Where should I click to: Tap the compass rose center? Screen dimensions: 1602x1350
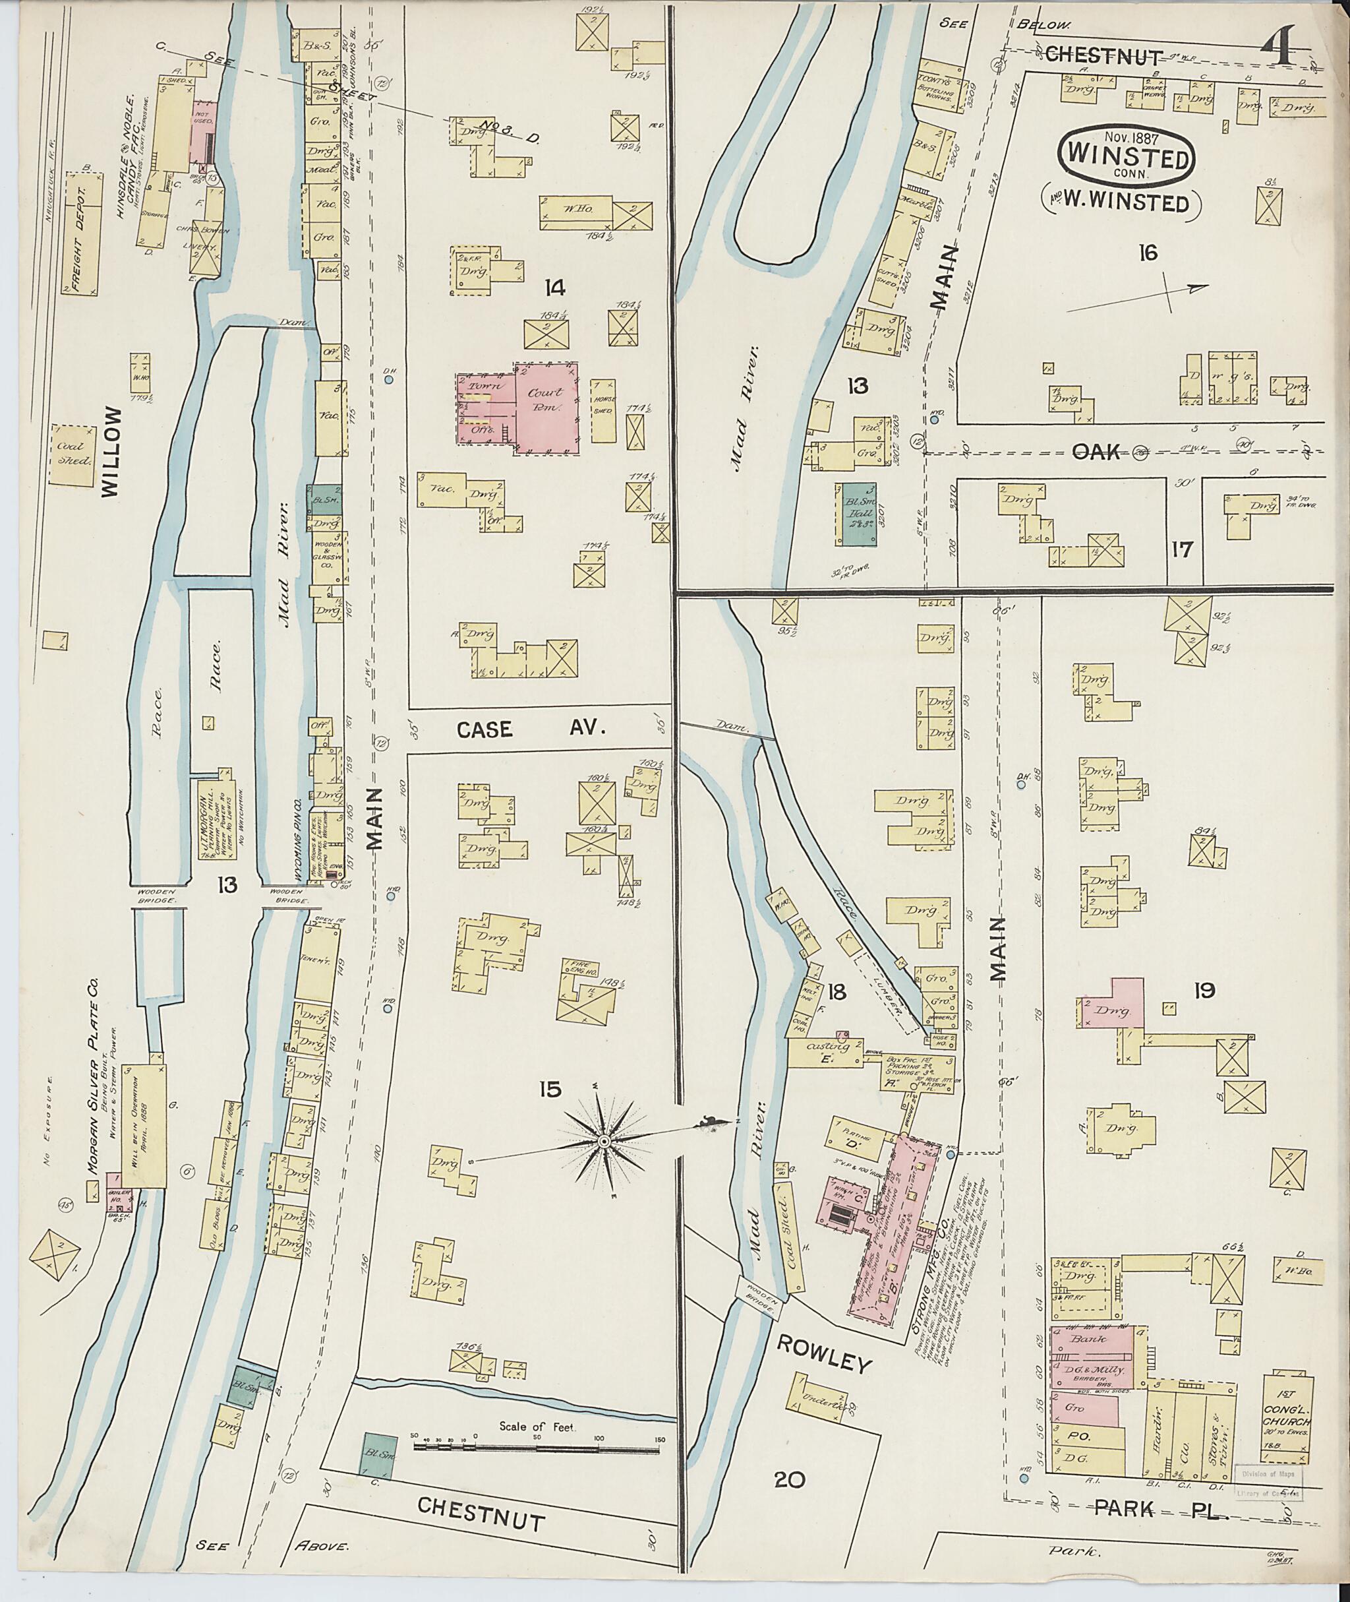603,1142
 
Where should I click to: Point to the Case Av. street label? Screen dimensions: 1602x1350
531,730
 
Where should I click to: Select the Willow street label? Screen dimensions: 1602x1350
111,452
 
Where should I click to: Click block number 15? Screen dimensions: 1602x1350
550,1089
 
